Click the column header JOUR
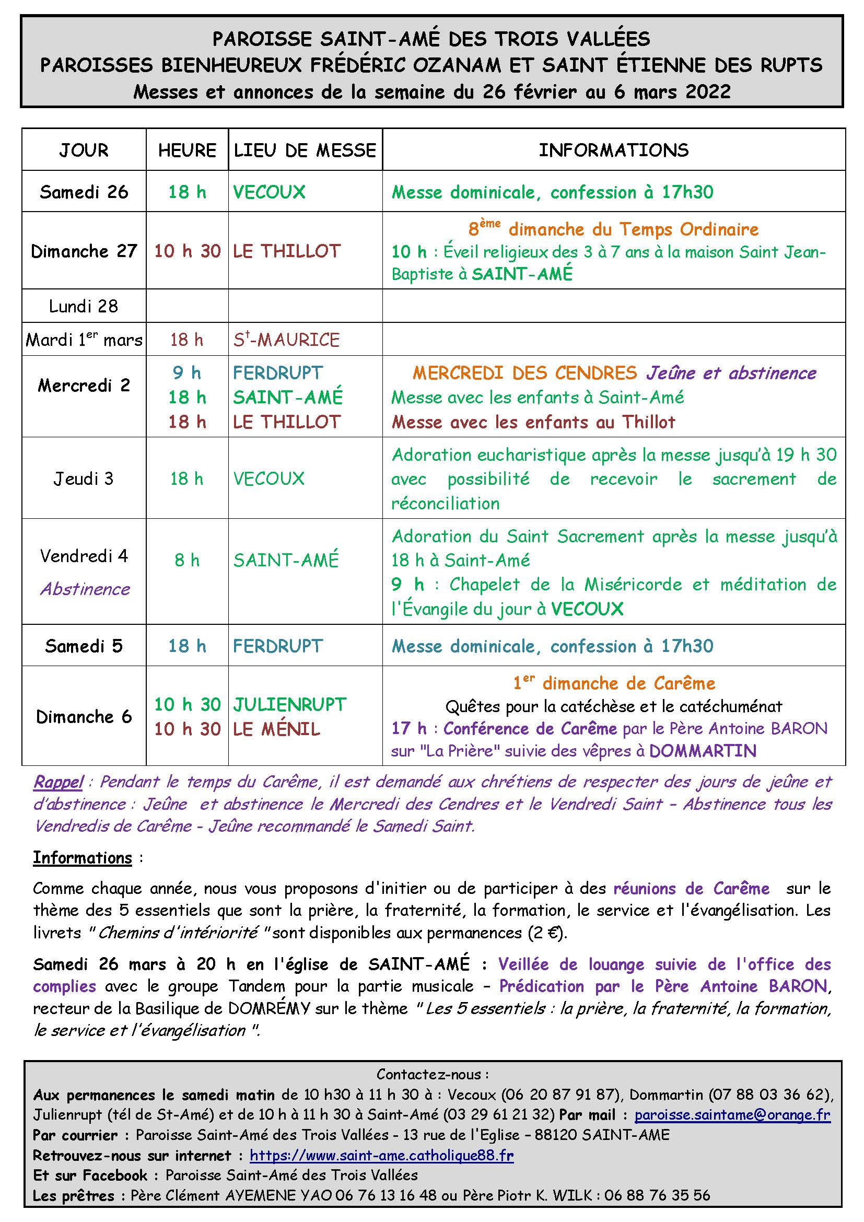[84, 150]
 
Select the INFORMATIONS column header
[613, 150]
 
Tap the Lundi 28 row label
[84, 306]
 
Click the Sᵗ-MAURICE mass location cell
[286, 340]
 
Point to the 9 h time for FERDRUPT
[186, 373]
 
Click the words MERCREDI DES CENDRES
[524, 373]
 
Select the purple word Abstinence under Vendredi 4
[85, 589]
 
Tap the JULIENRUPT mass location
[289, 705]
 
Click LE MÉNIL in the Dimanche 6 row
[277, 729]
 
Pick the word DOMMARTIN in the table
[702, 751]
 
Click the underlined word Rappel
[58, 782]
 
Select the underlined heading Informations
[83, 858]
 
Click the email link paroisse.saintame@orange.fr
[732, 1114]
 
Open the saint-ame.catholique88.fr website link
[381, 1155]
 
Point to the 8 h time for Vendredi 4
[186, 560]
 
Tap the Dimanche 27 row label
[84, 251]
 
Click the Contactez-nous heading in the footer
[432, 1075]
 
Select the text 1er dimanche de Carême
[614, 683]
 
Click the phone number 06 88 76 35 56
[657, 1195]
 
